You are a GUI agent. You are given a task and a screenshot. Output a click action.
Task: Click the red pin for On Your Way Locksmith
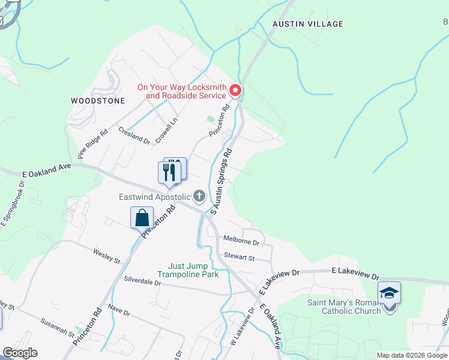pyautogui.click(x=235, y=91)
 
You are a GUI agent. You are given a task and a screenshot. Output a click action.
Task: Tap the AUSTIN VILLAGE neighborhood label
pyautogui.click(x=308, y=24)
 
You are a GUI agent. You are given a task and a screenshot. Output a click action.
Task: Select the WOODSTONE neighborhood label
pyautogui.click(x=98, y=101)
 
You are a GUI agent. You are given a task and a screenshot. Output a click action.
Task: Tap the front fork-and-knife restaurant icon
pyautogui.click(x=169, y=173)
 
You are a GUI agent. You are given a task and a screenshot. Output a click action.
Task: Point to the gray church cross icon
pyautogui.click(x=199, y=196)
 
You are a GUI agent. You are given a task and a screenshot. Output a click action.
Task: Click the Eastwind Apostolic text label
pyautogui.click(x=154, y=196)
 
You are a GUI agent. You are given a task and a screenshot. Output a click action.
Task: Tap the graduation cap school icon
pyautogui.click(x=389, y=293)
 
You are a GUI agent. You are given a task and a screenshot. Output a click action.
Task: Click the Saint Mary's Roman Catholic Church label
pyautogui.click(x=344, y=307)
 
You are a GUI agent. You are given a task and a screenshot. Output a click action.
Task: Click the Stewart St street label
pyautogui.click(x=240, y=257)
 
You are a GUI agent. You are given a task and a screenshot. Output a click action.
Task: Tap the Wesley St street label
pyautogui.click(x=107, y=257)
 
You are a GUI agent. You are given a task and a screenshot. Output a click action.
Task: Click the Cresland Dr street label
pyautogui.click(x=134, y=135)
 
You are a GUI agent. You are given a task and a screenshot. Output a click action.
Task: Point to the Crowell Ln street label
pyautogui.click(x=167, y=130)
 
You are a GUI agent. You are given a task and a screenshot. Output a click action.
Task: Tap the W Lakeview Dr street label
pyautogui.click(x=243, y=327)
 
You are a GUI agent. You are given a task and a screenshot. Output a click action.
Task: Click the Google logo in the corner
pyautogui.click(x=20, y=353)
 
